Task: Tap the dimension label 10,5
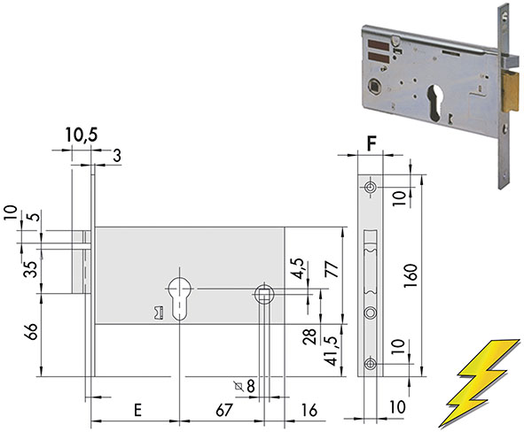82,135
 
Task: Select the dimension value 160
411,276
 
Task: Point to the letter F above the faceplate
371,143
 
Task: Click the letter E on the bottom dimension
137,411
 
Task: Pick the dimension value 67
223,411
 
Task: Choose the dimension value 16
309,411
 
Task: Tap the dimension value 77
332,269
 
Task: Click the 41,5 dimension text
332,351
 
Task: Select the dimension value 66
32,331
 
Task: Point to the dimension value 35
31,269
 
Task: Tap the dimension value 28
309,337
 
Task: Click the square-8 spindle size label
245,386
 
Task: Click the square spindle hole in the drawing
265,295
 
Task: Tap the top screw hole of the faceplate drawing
370,187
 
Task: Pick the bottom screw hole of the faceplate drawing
370,363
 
